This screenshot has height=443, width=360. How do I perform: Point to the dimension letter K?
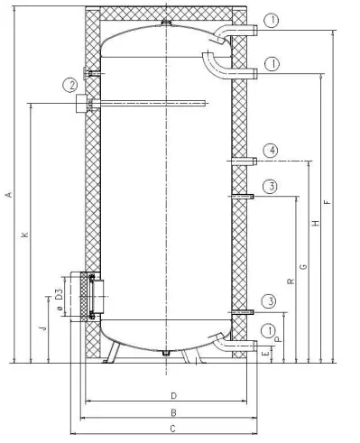pos(25,235)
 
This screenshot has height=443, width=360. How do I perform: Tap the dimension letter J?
pos(42,330)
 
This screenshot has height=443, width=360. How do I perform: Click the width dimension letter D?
pos(171,395)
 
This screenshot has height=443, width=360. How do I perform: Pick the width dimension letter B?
pos(171,412)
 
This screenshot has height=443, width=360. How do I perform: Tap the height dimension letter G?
pos(303,267)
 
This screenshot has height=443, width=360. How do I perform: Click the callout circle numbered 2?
pos(69,86)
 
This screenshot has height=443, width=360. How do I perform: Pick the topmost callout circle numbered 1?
pos(272,20)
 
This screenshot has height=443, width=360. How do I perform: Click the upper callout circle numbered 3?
pos(272,187)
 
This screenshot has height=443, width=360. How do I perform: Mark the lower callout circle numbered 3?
pos(272,300)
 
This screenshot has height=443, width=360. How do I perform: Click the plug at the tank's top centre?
pos(164,21)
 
